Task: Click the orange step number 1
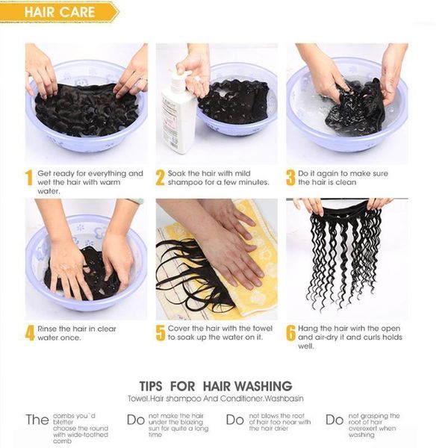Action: pos(28,178)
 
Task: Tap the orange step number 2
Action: pos(160,178)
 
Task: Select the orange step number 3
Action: pos(290,178)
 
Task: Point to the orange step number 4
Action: pos(29,333)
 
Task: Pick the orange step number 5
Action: pos(160,333)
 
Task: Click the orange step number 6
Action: pos(290,333)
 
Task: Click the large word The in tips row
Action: pos(37,420)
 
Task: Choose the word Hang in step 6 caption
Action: pos(310,328)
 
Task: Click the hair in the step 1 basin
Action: pos(82,108)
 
